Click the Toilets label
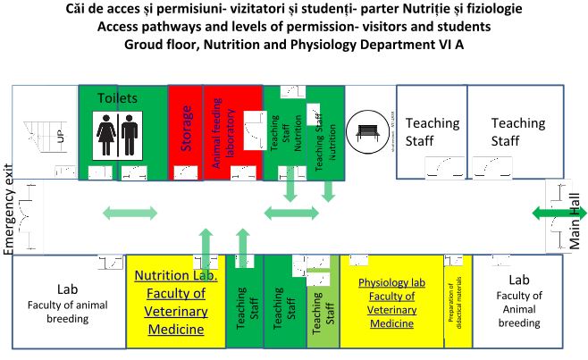coord(118,96)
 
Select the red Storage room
coord(187,131)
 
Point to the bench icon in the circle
coord(365,130)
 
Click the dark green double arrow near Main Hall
coord(548,212)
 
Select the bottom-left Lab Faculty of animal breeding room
coord(69,304)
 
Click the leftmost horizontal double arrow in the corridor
coord(130,213)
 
